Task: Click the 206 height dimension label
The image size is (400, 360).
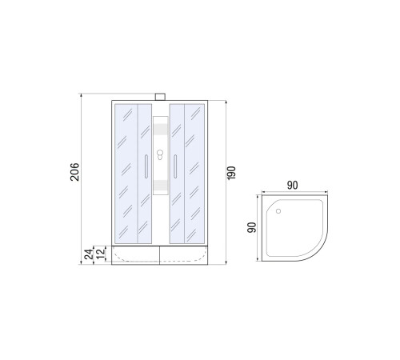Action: pyautogui.click(x=75, y=172)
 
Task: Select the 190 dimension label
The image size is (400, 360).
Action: pyautogui.click(x=231, y=173)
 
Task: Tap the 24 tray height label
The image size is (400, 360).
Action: pyautogui.click(x=89, y=254)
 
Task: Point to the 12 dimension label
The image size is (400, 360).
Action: pyautogui.click(x=101, y=254)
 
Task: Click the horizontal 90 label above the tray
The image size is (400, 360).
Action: pyautogui.click(x=292, y=186)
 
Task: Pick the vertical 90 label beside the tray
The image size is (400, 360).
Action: pyautogui.click(x=251, y=227)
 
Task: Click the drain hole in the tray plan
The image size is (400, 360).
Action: pyautogui.click(x=278, y=211)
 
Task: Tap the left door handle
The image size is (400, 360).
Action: pyautogui.click(x=146, y=166)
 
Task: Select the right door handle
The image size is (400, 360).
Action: pyautogui.click(x=175, y=166)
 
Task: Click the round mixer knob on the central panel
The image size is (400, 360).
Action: pyautogui.click(x=160, y=153)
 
